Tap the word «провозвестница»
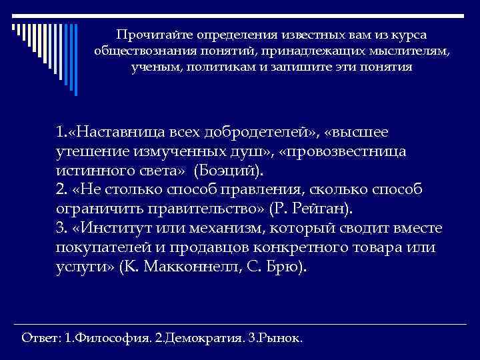pos(350,151)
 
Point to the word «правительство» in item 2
pos(195,209)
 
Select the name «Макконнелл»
pos(196,267)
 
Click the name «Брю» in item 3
pos(288,267)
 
